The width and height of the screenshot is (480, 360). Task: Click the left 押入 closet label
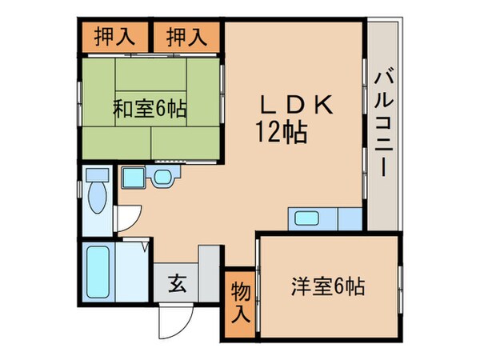pyautogui.click(x=114, y=36)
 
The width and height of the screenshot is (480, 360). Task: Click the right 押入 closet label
pyautogui.click(x=188, y=36)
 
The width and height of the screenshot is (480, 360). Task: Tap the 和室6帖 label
pyautogui.click(x=149, y=107)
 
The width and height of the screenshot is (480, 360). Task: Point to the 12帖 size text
pyautogui.click(x=282, y=132)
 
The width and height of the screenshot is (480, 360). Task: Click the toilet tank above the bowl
pyautogui.click(x=96, y=175)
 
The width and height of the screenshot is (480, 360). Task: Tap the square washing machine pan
pyautogui.click(x=133, y=178)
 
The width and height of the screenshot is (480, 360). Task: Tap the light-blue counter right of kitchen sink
pyautogui.click(x=350, y=218)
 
